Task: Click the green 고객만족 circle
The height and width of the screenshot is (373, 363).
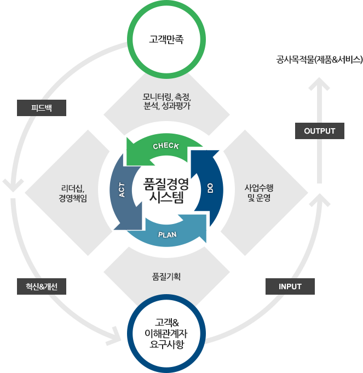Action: (166, 39)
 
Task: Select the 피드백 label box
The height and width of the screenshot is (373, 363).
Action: (41, 108)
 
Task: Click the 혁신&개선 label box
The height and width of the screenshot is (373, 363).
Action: (41, 286)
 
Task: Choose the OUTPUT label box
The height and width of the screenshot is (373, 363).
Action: (320, 131)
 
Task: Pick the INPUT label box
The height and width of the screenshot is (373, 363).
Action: (290, 286)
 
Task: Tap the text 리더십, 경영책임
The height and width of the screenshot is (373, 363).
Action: (73, 194)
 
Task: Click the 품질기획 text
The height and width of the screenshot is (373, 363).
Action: (166, 277)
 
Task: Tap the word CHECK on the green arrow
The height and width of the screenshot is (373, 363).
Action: (166, 146)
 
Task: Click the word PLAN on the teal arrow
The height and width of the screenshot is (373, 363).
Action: (167, 234)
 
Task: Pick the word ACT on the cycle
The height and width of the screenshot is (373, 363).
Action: (122, 189)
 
